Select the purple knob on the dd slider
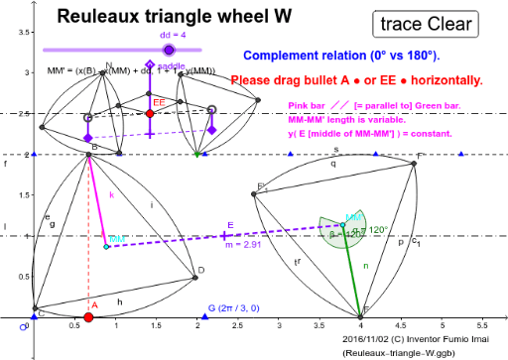coord(169,49)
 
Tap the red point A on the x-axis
coord(88,317)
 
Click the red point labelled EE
coord(149,114)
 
